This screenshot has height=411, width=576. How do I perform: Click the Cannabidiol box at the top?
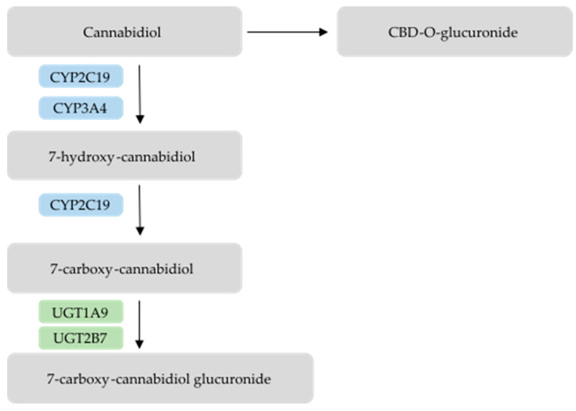pos(125,32)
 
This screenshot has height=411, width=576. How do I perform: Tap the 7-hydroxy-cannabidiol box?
pos(125,156)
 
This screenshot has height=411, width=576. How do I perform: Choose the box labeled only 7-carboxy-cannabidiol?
pos(125,268)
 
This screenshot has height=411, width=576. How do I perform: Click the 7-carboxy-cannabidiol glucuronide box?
pos(159,378)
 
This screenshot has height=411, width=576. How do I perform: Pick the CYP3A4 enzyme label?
pos(81,107)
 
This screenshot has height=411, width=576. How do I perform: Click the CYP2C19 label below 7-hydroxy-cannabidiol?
pos(81,205)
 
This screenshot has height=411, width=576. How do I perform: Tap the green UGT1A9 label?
pos(81,311)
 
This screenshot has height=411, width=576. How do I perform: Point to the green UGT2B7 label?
pos(81,339)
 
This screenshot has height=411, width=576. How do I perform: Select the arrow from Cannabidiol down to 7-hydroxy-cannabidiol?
pos(140,94)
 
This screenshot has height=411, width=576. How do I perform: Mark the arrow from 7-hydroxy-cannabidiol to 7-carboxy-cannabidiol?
pos(140,210)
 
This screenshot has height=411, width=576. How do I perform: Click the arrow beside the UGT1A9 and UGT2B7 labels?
pos(140,324)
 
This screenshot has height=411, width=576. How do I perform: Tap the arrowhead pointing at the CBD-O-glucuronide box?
pos(323,32)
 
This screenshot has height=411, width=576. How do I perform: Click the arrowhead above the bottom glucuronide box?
pos(140,344)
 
